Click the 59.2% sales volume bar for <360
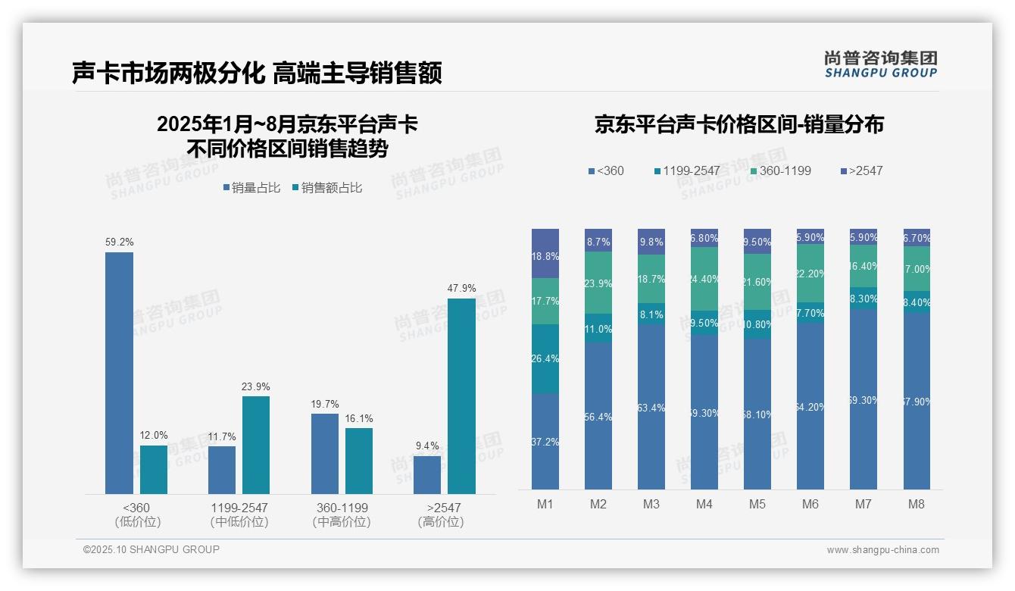[x=119, y=373]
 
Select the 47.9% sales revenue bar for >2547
[x=461, y=396]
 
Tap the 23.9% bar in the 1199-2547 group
[x=256, y=445]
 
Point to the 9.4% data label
[x=427, y=446]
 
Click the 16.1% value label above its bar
[x=359, y=418]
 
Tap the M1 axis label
[x=545, y=504]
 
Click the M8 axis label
[x=917, y=504]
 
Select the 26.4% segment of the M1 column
[x=545, y=359]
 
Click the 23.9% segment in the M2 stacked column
[x=598, y=283]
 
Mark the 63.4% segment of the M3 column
[x=651, y=407]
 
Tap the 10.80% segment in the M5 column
[x=757, y=324]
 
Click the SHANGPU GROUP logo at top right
[x=880, y=64]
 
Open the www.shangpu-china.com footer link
[x=882, y=550]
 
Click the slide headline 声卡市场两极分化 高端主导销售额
[x=257, y=73]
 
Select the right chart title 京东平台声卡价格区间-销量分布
[x=739, y=125]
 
